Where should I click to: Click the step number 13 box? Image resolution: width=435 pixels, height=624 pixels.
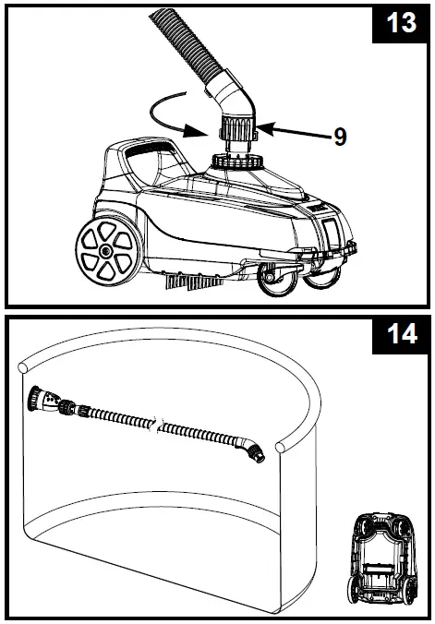399,25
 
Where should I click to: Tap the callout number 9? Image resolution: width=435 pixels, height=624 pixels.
340,137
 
